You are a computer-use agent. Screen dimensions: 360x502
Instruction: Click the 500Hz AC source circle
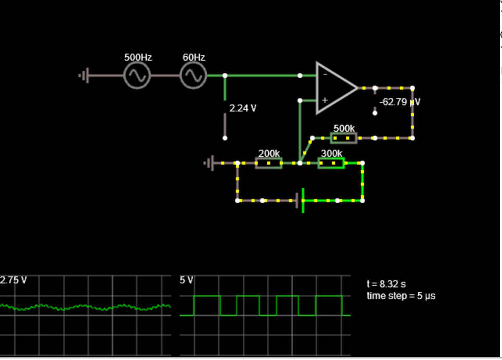137,76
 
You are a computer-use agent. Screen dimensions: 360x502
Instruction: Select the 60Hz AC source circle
194,76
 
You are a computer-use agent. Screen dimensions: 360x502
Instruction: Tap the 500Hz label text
138,57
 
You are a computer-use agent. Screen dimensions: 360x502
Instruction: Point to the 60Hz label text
194,57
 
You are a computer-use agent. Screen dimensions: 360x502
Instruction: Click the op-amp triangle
334,88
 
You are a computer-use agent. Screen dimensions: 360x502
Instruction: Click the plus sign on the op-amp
325,100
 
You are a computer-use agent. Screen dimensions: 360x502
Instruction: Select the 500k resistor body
344,138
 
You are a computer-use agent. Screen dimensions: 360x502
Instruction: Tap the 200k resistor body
269,164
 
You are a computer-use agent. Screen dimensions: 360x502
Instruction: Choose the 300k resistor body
331,164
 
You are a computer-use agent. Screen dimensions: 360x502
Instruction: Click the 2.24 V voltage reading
243,108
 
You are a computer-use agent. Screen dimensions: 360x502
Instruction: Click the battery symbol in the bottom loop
301,201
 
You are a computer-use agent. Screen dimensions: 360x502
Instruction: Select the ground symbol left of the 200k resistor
209,164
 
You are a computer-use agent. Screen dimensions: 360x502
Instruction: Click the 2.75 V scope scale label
14,280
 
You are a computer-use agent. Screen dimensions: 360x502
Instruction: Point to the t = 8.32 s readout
386,284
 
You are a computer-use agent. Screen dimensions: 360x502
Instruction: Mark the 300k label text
332,154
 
